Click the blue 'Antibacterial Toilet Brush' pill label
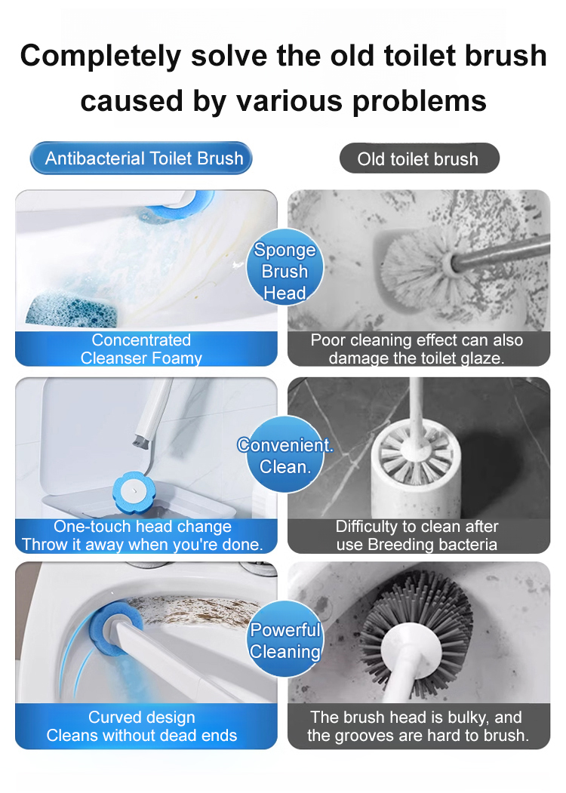point(141,158)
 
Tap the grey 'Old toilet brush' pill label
point(420,158)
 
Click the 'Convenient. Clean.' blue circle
point(285,455)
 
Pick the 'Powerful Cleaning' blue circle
point(285,639)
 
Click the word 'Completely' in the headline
point(100,56)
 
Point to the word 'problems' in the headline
point(420,100)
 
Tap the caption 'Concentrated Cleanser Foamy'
point(141,349)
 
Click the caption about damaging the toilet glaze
point(417,349)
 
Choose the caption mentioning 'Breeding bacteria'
point(417,535)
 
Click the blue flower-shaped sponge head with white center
point(134,492)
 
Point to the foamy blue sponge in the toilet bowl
point(71,309)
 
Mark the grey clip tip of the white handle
point(140,442)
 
